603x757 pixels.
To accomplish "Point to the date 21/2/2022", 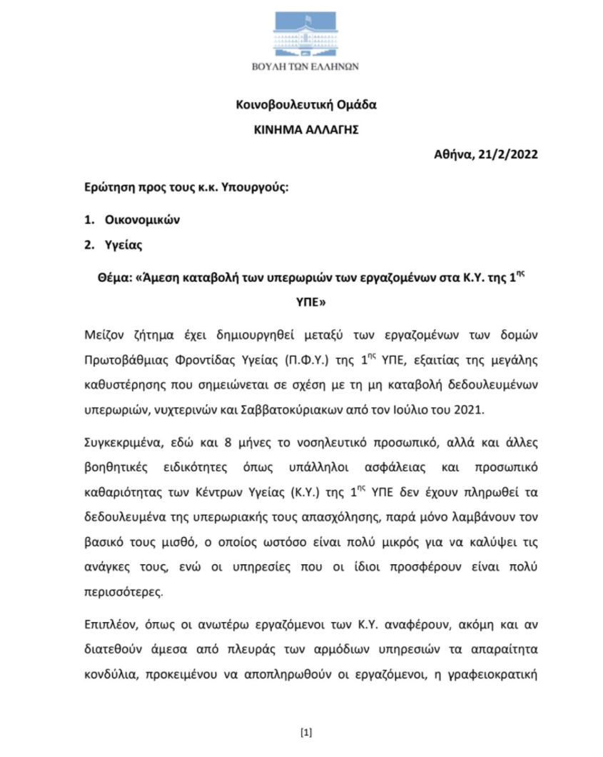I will tap(510, 154).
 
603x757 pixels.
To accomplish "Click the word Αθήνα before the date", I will tap(452, 154).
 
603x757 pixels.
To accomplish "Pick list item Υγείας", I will tap(121, 245).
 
